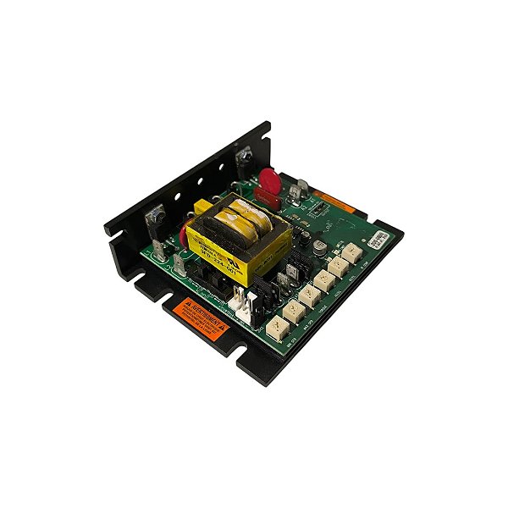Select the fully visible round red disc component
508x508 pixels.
pyautogui.click(x=272, y=180)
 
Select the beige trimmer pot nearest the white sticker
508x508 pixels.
pyautogui.click(x=349, y=251)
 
